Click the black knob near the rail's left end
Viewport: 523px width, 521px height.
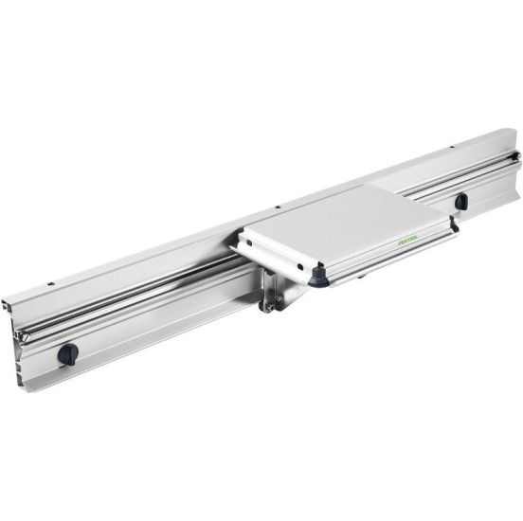(x=68, y=353)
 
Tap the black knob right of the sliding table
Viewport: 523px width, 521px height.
(x=460, y=201)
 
